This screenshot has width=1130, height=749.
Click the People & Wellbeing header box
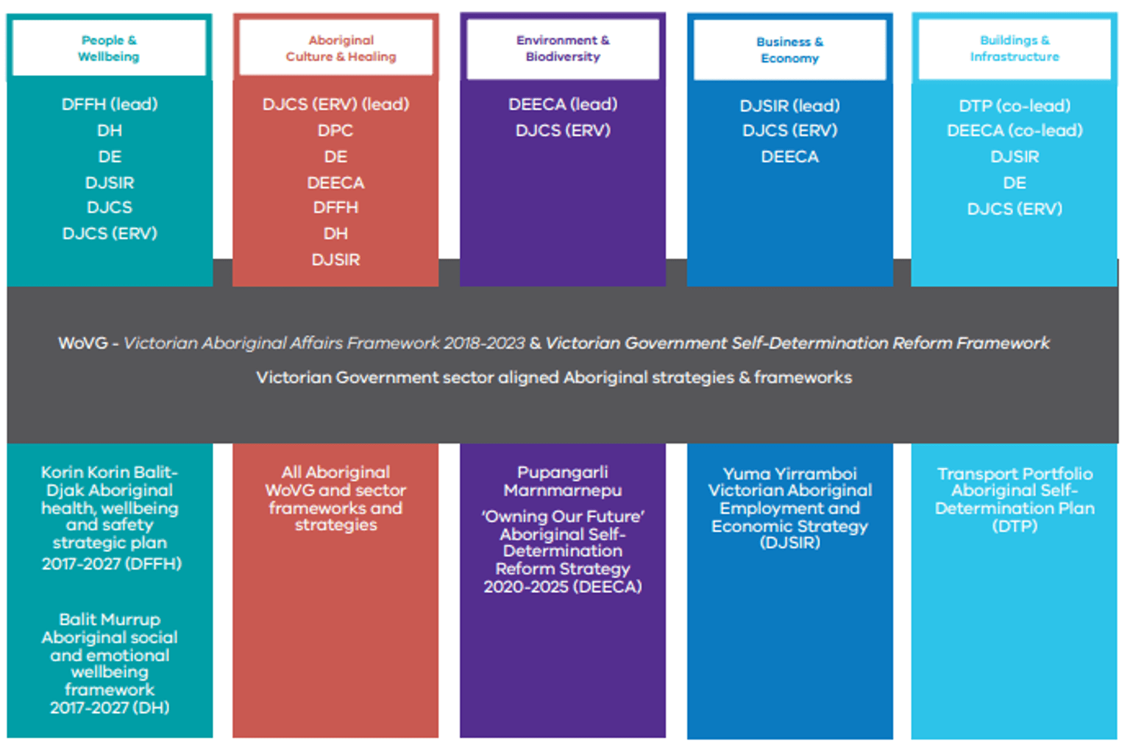pyautogui.click(x=109, y=48)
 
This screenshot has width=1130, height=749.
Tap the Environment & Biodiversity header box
pyautogui.click(x=563, y=49)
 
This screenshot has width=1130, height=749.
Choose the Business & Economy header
pyautogui.click(x=789, y=50)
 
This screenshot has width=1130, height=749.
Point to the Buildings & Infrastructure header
pyautogui.click(x=1014, y=49)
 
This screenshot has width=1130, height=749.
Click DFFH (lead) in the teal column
pyautogui.click(x=110, y=104)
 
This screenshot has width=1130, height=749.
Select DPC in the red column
pyautogui.click(x=335, y=130)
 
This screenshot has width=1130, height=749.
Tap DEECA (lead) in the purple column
pyautogui.click(x=563, y=104)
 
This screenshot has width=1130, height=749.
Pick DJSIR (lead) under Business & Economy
pyautogui.click(x=789, y=106)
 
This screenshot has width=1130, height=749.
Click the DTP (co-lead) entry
pyautogui.click(x=1014, y=106)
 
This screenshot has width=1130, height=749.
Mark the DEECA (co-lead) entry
pyautogui.click(x=1014, y=131)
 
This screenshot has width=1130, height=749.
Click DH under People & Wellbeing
pyautogui.click(x=110, y=130)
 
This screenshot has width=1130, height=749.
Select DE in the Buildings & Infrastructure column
pyautogui.click(x=1014, y=182)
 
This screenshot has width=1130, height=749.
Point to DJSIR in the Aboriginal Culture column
pyautogui.click(x=335, y=260)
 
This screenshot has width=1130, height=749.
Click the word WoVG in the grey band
pyautogui.click(x=82, y=344)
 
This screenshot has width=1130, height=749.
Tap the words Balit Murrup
pyautogui.click(x=110, y=620)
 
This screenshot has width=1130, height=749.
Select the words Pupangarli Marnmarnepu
pyautogui.click(x=563, y=481)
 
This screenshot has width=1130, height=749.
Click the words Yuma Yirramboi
pyautogui.click(x=789, y=474)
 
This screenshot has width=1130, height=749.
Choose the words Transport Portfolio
pyautogui.click(x=1014, y=474)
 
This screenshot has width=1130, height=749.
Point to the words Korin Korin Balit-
pyautogui.click(x=110, y=472)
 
